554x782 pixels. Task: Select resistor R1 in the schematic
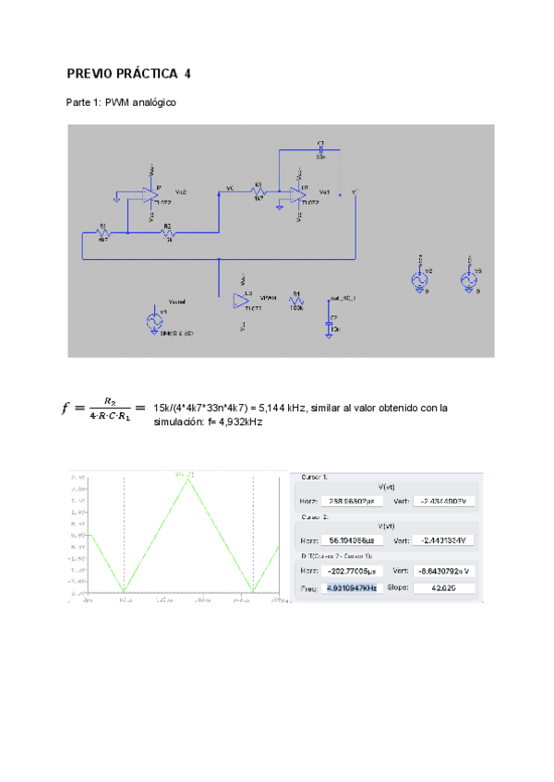[x=103, y=234]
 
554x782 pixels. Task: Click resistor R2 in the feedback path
[x=168, y=234]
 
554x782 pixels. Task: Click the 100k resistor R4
[x=296, y=301]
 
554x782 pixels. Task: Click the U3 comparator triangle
[x=243, y=300]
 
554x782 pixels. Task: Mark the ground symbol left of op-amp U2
[x=116, y=195]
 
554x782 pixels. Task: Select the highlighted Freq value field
[x=351, y=587]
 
